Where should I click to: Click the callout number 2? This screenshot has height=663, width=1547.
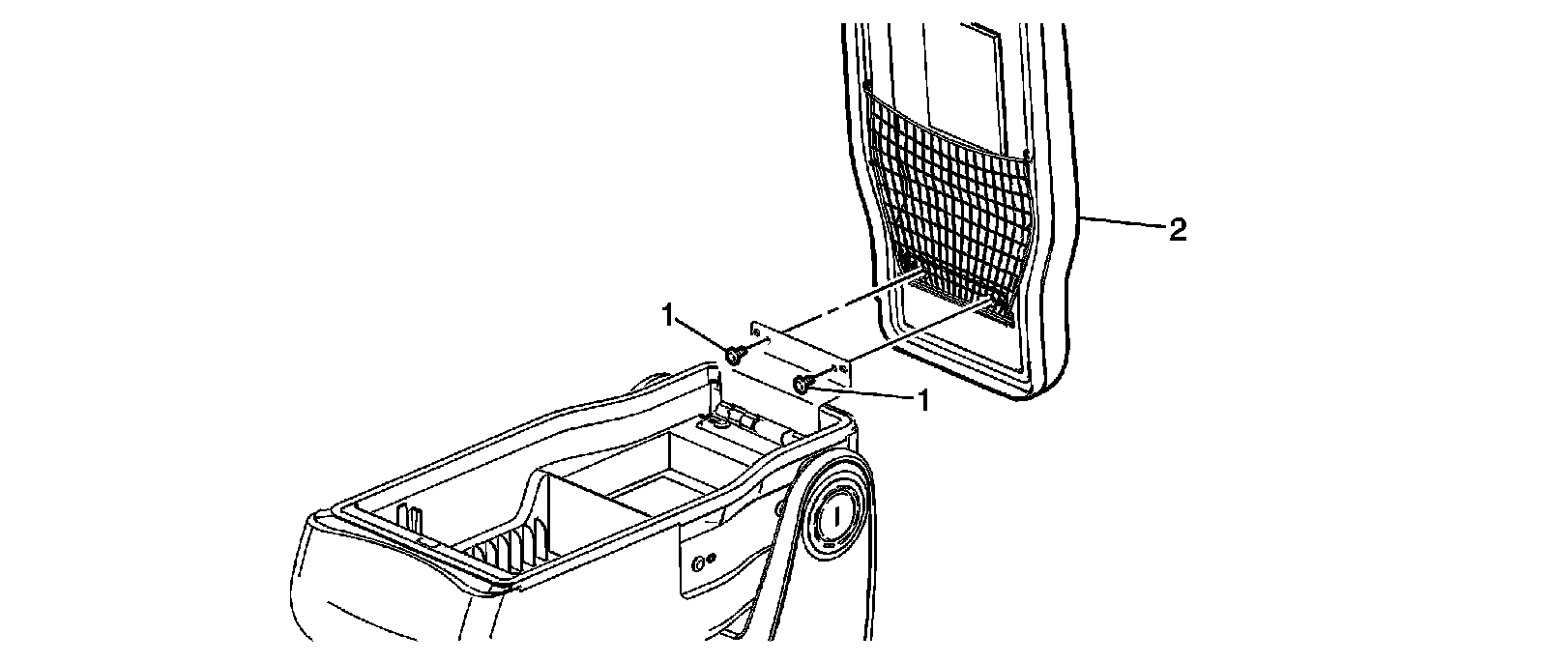tap(1177, 230)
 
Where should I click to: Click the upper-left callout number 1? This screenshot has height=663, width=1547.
tap(667, 315)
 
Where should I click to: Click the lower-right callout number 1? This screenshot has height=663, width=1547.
tap(923, 400)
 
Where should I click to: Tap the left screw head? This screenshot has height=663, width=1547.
tap(735, 355)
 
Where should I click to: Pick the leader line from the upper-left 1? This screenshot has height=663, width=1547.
tap(702, 334)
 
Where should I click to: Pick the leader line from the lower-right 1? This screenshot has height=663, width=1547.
tap(861, 391)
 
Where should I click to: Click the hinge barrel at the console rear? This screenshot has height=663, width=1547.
tap(749, 422)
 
